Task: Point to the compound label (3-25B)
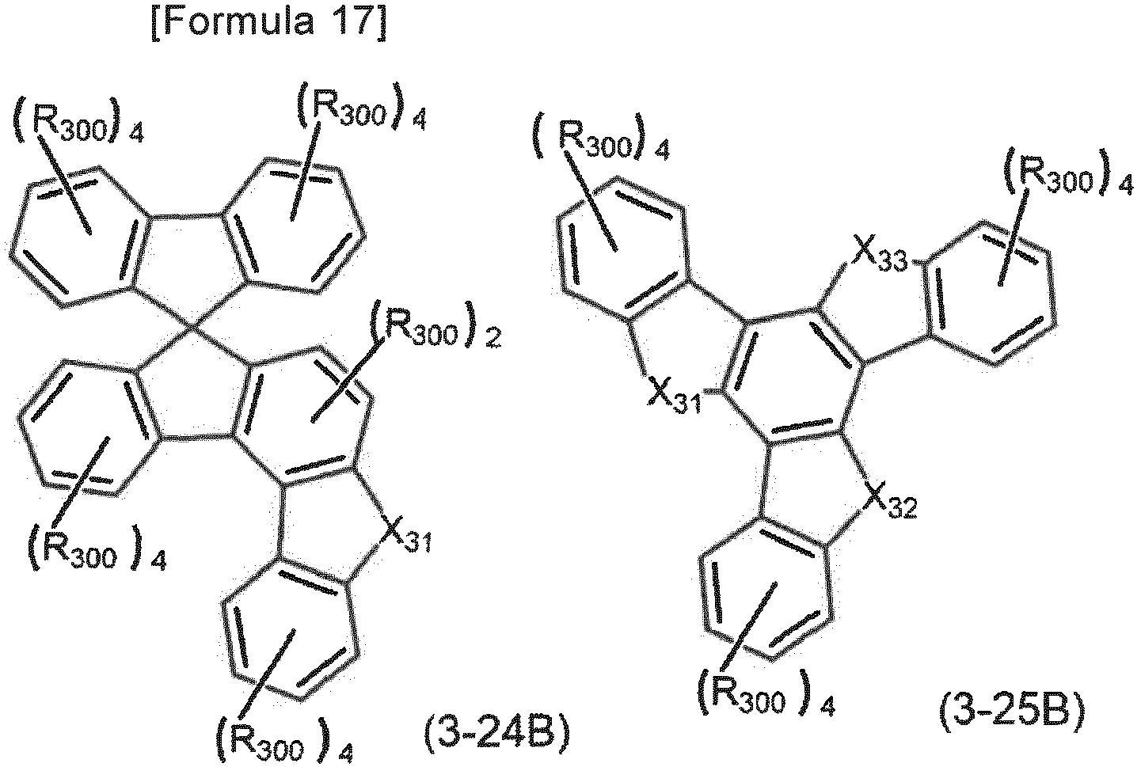[x=1012, y=713]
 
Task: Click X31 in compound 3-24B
[x=407, y=537]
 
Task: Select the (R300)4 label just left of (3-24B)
[x=285, y=738]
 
